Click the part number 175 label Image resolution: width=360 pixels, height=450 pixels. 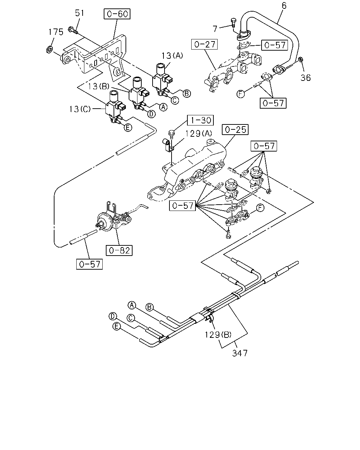click(56, 32)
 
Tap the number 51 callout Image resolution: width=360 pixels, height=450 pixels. click(79, 13)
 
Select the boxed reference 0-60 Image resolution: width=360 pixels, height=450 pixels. click(117, 14)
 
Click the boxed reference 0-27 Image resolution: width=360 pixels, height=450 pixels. click(204, 44)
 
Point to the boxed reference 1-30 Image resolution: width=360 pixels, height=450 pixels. click(200, 120)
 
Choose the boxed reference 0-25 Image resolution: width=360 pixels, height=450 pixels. click(235, 130)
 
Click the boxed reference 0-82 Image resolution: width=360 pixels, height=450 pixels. click(119, 250)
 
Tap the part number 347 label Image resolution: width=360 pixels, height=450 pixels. click(240, 353)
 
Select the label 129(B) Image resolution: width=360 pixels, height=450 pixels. click(218, 335)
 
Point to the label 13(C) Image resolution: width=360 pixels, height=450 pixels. click(80, 109)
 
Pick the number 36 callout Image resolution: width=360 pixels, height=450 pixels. click(306, 78)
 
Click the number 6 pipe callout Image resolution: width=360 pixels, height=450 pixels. click(284, 6)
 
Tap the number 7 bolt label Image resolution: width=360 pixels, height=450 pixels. click(215, 28)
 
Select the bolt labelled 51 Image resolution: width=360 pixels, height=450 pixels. click(73, 31)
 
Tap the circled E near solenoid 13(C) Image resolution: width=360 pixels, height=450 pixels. click(128, 127)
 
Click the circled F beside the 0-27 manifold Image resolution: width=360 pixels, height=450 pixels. click(240, 94)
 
